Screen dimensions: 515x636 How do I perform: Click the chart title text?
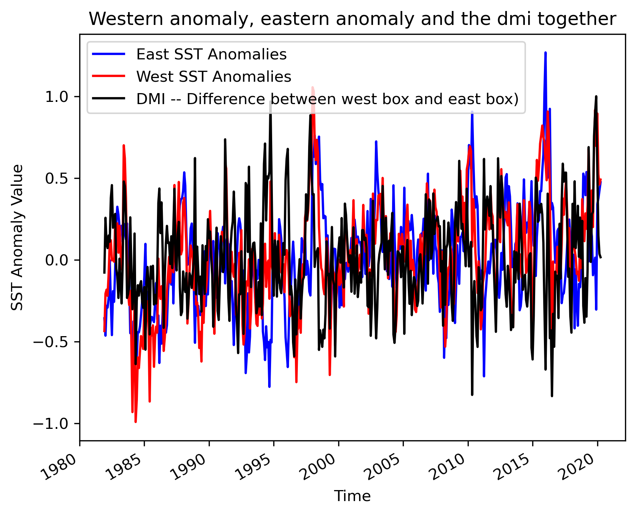pos(352,19)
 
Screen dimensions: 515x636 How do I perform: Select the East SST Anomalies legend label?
pos(211,54)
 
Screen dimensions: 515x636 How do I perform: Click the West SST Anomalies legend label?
pos(213,77)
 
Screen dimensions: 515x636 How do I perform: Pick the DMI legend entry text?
pos(327,99)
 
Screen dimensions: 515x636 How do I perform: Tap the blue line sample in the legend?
pos(109,54)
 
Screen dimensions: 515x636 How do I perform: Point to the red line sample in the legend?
pos(109,76)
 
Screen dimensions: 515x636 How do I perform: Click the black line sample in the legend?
pos(109,99)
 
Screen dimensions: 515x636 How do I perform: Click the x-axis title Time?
pos(352,496)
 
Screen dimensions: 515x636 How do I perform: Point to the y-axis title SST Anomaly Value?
pos(17,238)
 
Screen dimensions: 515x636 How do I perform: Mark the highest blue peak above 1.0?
pos(545,53)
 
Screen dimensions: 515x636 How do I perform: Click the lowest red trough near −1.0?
pos(135,422)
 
